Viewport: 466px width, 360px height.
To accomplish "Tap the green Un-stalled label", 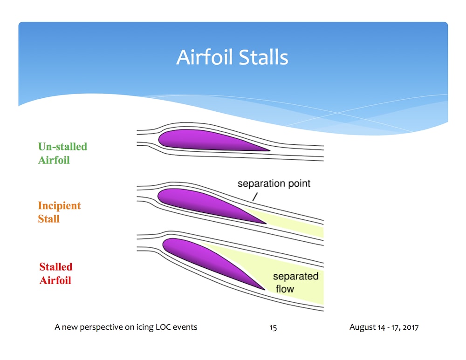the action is click(x=63, y=146).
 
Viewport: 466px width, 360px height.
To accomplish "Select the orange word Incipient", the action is click(x=60, y=205).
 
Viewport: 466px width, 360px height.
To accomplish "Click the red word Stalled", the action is click(x=56, y=267).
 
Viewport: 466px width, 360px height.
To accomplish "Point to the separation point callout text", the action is click(x=274, y=183).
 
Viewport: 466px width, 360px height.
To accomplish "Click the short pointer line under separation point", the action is click(x=255, y=197).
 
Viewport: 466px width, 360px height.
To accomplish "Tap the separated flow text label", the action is click(x=295, y=283).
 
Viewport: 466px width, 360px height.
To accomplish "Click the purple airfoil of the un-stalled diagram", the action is click(x=208, y=140).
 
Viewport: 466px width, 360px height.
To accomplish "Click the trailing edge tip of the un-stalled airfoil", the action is click(x=270, y=150).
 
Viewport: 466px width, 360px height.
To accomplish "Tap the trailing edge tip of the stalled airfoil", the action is click(x=265, y=290).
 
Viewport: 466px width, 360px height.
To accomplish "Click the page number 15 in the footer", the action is click(x=273, y=327).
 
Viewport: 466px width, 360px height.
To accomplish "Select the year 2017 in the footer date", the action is click(x=411, y=327).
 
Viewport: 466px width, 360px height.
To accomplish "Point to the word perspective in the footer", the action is click(x=101, y=327).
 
